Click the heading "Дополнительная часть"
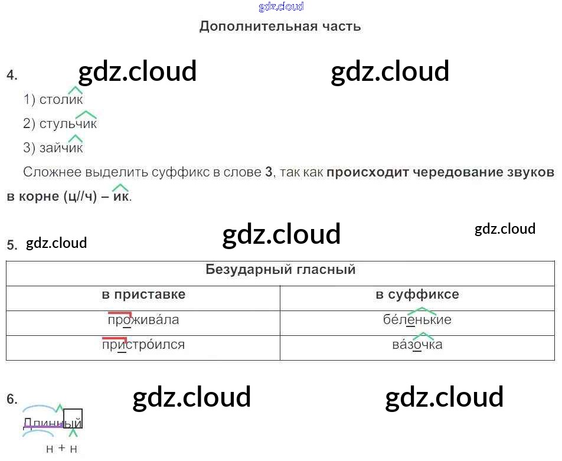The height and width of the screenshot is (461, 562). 280,26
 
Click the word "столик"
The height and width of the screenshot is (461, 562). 61,100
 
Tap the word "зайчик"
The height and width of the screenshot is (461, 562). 61,148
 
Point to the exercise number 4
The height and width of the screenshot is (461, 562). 12,75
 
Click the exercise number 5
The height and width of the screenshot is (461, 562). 12,245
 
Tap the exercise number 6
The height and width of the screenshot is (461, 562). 12,400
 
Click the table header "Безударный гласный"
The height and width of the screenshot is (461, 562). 280,270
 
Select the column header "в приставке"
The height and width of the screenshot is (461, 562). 143,295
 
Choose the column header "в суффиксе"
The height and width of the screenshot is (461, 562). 417,295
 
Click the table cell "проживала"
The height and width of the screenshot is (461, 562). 143,320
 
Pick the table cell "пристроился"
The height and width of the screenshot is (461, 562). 143,345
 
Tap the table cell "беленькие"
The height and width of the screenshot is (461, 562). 417,320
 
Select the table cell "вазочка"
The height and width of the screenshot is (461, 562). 417,345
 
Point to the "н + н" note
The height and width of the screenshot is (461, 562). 61,449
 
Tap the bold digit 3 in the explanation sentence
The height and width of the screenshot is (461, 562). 269,172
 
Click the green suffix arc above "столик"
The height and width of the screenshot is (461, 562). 75,90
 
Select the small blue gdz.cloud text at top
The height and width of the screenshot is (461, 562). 281,7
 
